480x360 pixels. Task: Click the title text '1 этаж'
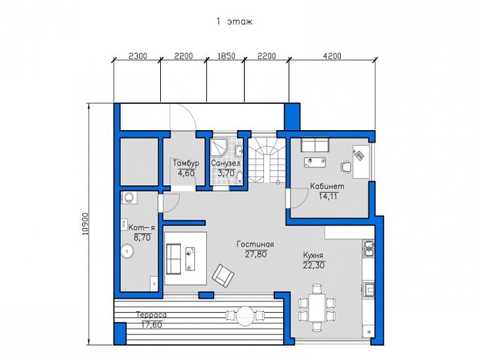234,22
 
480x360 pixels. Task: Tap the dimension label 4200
332,56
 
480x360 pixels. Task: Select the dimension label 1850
227,56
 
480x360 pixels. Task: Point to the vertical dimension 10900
85,224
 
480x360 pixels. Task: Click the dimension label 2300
138,56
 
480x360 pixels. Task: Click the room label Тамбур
186,163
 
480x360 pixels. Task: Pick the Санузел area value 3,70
226,173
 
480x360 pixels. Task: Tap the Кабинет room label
327,187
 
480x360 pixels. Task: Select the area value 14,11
328,196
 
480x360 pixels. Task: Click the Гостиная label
255,244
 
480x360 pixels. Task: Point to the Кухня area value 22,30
314,265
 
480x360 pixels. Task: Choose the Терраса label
152,315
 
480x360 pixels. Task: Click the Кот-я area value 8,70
142,237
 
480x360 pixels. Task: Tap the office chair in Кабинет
345,166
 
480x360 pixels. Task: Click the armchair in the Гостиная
223,276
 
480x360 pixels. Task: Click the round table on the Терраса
245,315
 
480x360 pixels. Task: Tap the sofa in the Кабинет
315,145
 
